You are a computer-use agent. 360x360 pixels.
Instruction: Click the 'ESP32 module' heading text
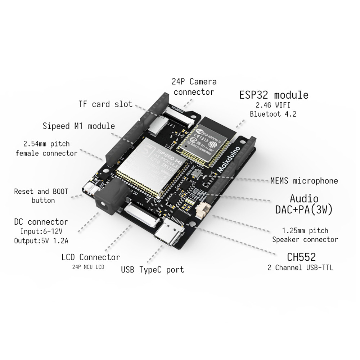(x=274, y=95)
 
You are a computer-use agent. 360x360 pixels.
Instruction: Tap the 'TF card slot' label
(x=105, y=104)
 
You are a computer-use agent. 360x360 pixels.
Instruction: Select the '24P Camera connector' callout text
(x=194, y=87)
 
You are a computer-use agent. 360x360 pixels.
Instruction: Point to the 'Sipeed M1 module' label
(x=79, y=126)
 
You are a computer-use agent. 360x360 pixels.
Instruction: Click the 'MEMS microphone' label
(x=304, y=181)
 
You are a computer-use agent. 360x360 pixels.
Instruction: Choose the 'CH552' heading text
(x=301, y=257)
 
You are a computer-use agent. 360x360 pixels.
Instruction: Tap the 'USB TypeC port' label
(x=152, y=269)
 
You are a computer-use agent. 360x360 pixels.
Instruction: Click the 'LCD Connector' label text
(x=90, y=257)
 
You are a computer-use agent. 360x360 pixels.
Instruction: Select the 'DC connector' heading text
(x=41, y=222)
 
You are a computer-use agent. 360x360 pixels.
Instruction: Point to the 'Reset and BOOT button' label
(x=41, y=196)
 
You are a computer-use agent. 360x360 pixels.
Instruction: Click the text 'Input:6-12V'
(x=41, y=231)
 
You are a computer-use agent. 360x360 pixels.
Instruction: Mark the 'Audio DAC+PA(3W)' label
(x=304, y=204)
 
